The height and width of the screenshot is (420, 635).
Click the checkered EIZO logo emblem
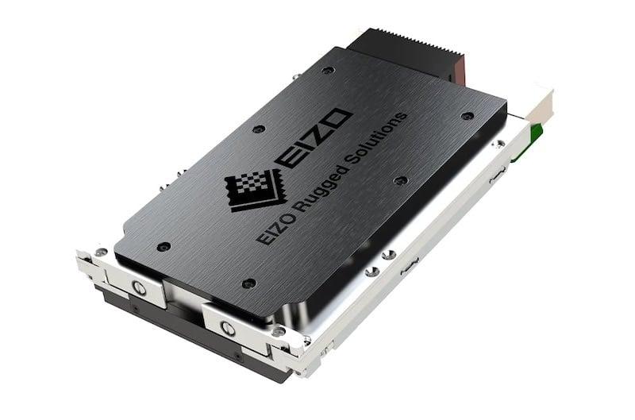[x=254, y=191]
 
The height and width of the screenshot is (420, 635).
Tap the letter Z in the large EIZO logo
[x=318, y=133]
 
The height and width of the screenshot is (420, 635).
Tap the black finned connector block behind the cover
[x=405, y=52]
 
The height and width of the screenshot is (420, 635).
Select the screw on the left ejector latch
[x=139, y=287]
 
